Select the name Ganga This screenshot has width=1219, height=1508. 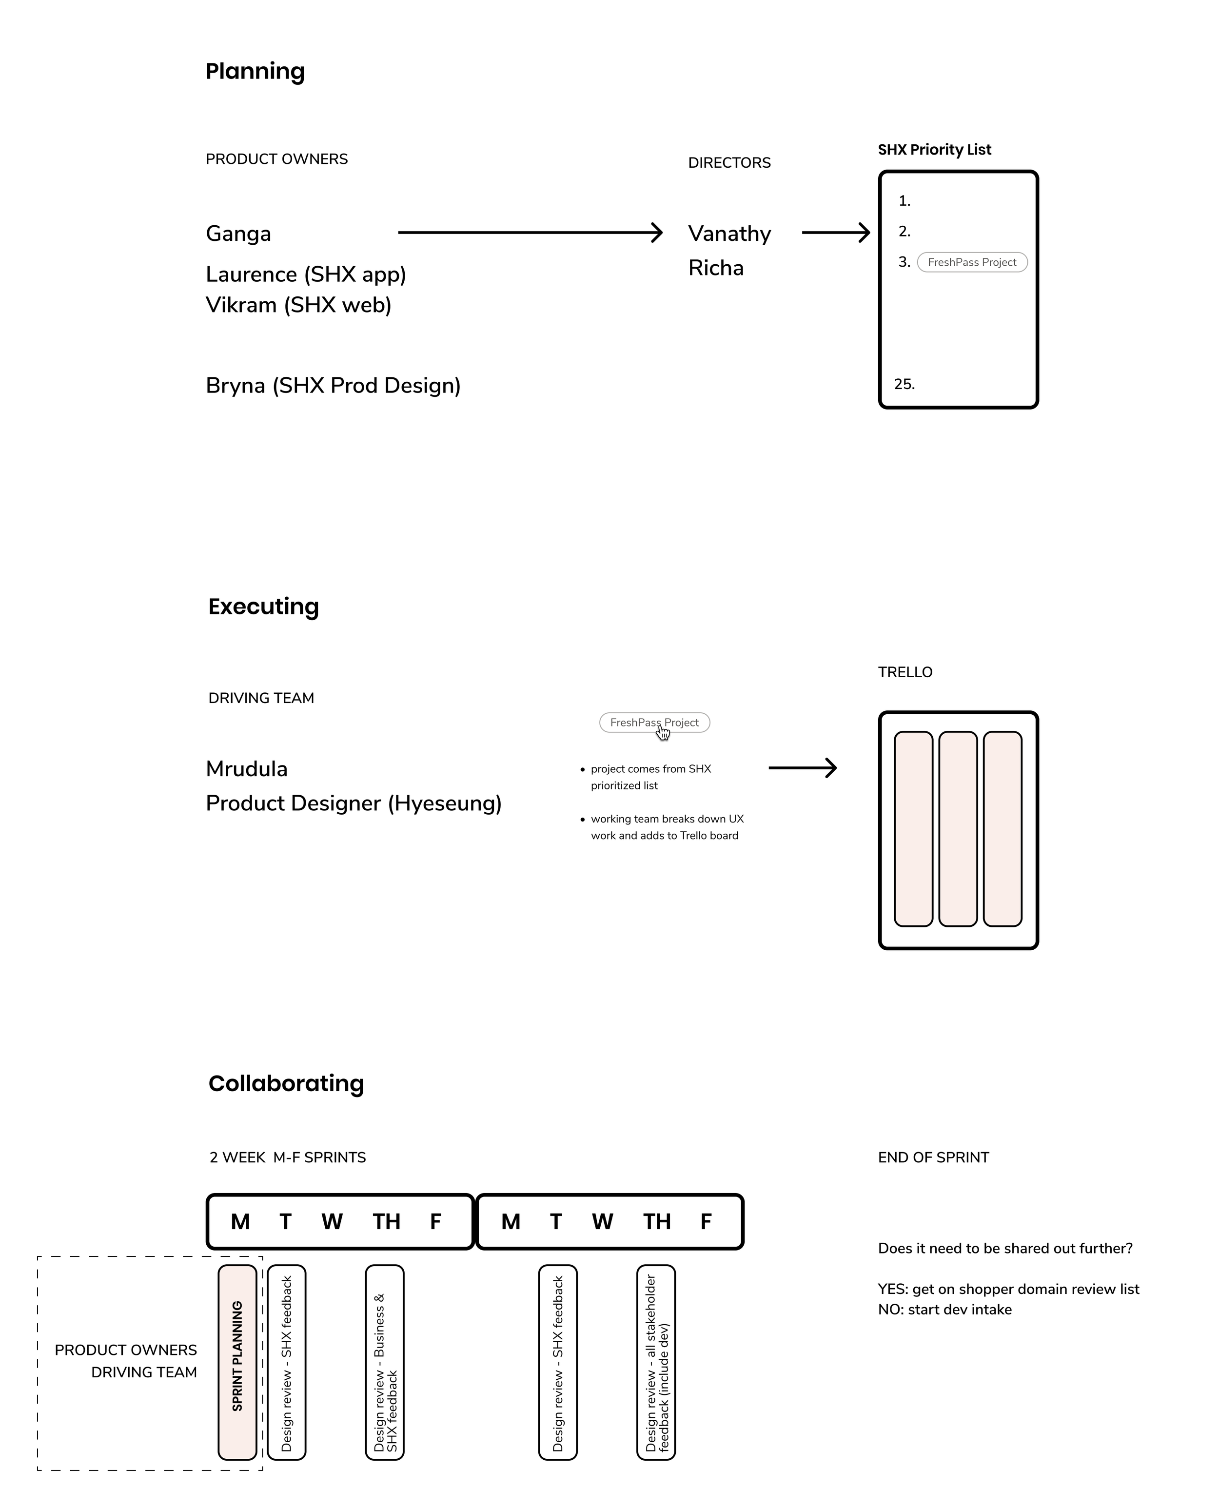[x=238, y=234]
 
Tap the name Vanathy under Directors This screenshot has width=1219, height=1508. [x=729, y=234]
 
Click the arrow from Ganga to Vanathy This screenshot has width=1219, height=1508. [x=530, y=233]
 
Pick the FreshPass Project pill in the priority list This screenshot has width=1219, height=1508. [x=972, y=263]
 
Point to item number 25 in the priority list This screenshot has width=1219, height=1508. [x=904, y=384]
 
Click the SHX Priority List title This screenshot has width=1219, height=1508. [x=934, y=150]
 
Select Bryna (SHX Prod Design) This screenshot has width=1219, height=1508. [x=333, y=386]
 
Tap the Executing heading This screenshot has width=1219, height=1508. [x=263, y=607]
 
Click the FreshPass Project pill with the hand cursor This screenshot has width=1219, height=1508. [x=654, y=723]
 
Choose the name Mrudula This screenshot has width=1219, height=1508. [x=246, y=769]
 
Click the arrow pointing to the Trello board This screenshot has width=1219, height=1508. [x=802, y=768]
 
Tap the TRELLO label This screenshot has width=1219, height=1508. [x=905, y=672]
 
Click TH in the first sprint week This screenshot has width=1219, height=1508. [x=386, y=1222]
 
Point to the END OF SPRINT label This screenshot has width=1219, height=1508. [x=933, y=1157]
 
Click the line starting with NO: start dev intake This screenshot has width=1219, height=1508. [x=944, y=1309]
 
